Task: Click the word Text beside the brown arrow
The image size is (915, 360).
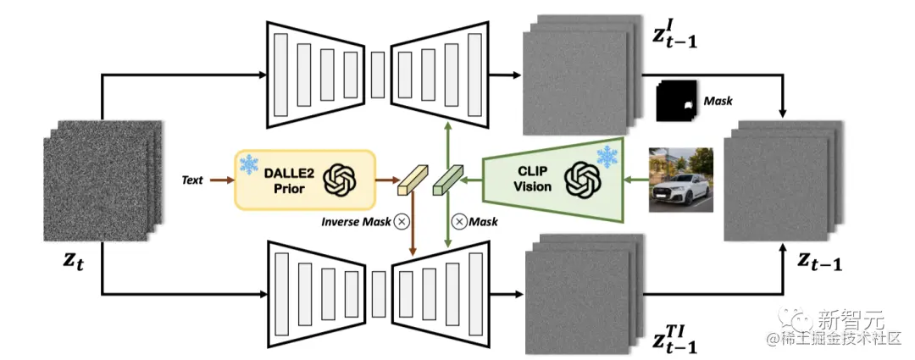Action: pyautogui.click(x=192, y=180)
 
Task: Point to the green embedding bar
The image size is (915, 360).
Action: pyautogui.click(x=447, y=180)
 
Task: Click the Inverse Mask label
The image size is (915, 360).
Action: pyautogui.click(x=354, y=222)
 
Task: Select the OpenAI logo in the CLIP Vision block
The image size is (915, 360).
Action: pyautogui.click(x=582, y=179)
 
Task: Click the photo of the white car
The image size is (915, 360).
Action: pyautogui.click(x=680, y=180)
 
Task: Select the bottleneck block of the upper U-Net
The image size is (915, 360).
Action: pyautogui.click(x=378, y=64)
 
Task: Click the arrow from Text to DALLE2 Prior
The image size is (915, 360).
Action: pyautogui.click(x=219, y=180)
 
